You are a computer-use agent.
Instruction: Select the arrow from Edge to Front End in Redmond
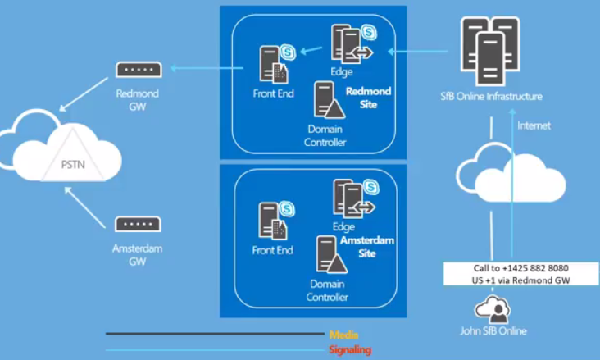[x=310, y=52]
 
